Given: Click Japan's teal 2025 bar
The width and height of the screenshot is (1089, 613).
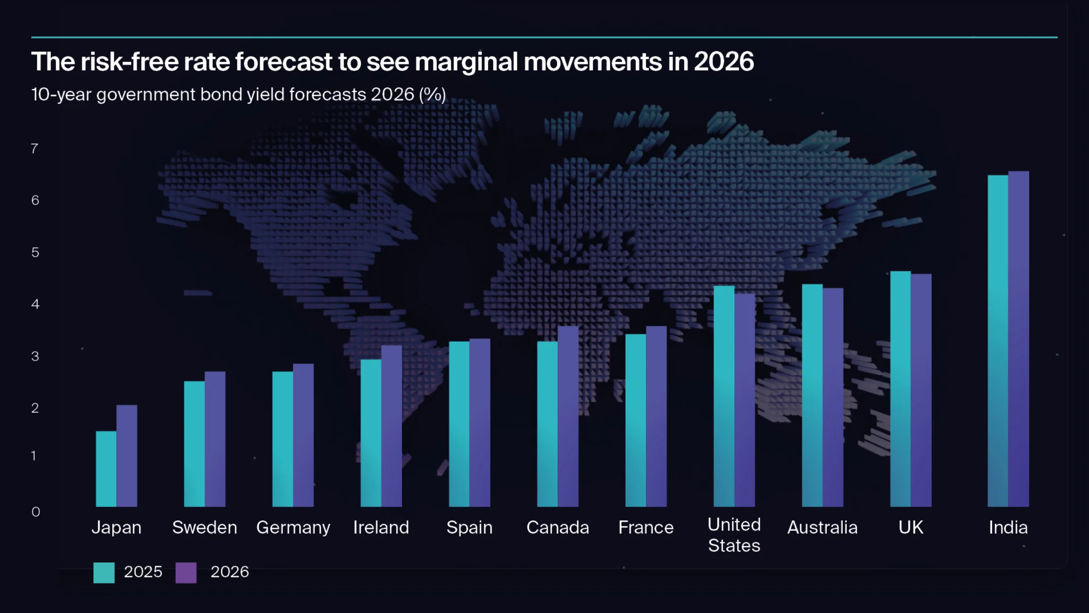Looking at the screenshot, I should (106, 468).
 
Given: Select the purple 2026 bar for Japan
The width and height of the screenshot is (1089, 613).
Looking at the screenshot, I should (127, 455).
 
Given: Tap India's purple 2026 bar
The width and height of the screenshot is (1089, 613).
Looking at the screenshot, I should (1018, 341).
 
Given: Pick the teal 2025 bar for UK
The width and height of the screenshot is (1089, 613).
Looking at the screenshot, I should (900, 387).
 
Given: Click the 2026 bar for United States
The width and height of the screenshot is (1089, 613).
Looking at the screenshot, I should (744, 400).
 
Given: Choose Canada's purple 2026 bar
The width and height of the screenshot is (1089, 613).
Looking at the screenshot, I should (568, 417).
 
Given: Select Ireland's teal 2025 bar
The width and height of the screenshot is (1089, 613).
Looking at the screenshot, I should (371, 432).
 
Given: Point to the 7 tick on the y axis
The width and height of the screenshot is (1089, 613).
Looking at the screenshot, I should (34, 149).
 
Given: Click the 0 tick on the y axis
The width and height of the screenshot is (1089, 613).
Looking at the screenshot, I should (35, 512).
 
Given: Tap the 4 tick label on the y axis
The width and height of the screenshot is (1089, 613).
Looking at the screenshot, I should (35, 304).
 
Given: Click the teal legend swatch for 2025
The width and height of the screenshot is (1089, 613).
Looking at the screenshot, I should (104, 573).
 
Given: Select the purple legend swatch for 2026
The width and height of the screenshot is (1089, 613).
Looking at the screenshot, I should (186, 573).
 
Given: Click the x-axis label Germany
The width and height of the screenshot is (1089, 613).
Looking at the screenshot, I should (293, 528).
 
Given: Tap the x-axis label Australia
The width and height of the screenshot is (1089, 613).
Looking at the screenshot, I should (822, 528).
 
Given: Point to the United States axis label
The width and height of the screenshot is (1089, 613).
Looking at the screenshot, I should (734, 535).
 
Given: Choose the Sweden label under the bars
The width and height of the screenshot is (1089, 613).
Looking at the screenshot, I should (205, 528).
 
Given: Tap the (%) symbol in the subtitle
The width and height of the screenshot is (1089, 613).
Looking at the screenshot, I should (432, 95).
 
